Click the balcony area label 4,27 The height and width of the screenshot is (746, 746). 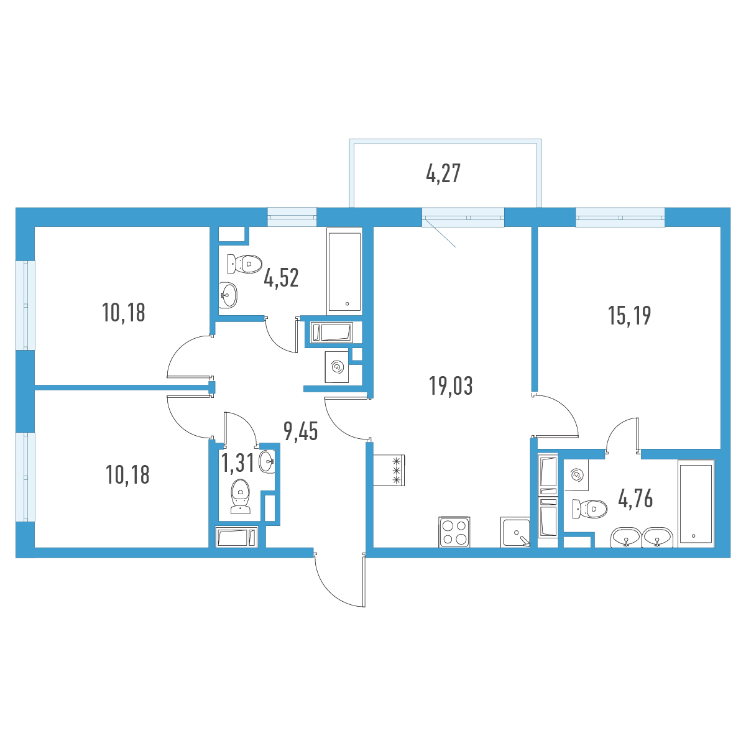coord(443,173)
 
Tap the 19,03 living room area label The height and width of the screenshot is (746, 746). coord(451,386)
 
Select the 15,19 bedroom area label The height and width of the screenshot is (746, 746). coord(630,316)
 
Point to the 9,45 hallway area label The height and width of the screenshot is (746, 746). coord(301,431)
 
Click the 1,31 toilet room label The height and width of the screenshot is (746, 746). coord(237,463)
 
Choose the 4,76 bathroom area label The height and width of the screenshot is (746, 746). coord(636,498)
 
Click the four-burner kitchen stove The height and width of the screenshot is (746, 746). coord(454,532)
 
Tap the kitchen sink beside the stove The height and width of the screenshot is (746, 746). coord(515,532)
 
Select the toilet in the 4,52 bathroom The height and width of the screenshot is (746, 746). coord(244,264)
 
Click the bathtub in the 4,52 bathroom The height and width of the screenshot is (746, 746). coord(344,271)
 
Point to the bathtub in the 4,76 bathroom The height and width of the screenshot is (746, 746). coord(696,504)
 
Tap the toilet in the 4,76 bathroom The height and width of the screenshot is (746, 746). coord(589,509)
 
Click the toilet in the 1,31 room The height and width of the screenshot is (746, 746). coord(241,497)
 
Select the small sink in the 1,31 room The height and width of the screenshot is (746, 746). coord(267,462)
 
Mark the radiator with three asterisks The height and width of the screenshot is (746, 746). coord(389,471)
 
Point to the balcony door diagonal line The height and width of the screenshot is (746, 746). coord(440,234)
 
